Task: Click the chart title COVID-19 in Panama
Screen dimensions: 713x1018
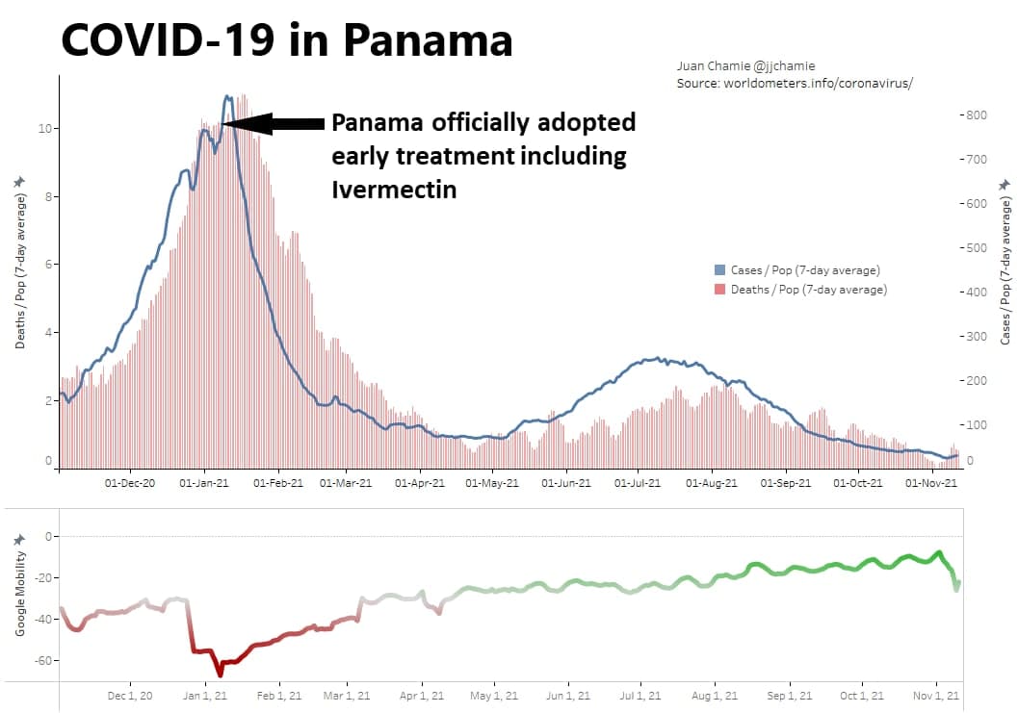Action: click(x=286, y=40)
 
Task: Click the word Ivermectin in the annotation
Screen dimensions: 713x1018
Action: click(x=394, y=189)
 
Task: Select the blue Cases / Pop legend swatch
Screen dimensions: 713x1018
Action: click(x=719, y=270)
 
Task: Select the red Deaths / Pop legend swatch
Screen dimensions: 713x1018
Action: click(x=719, y=290)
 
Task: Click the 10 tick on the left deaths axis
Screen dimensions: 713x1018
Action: click(x=44, y=129)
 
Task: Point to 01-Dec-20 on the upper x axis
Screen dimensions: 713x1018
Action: click(x=129, y=483)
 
